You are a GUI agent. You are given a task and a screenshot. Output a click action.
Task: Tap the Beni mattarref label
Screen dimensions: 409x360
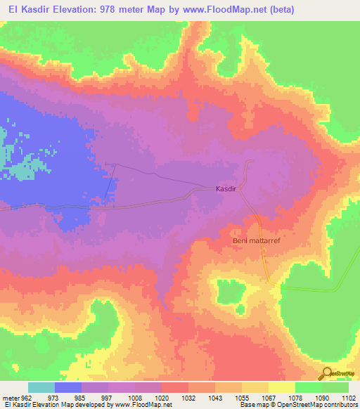pos(257,240)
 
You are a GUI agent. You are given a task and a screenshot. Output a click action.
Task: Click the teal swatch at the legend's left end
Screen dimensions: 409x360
pos(41,387)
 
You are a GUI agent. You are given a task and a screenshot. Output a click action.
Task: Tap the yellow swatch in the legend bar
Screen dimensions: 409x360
pos(281,387)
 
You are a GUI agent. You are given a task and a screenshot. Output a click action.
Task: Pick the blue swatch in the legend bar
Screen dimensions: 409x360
pos(68,387)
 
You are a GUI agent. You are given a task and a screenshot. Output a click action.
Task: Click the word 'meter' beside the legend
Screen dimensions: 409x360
pos(10,397)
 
